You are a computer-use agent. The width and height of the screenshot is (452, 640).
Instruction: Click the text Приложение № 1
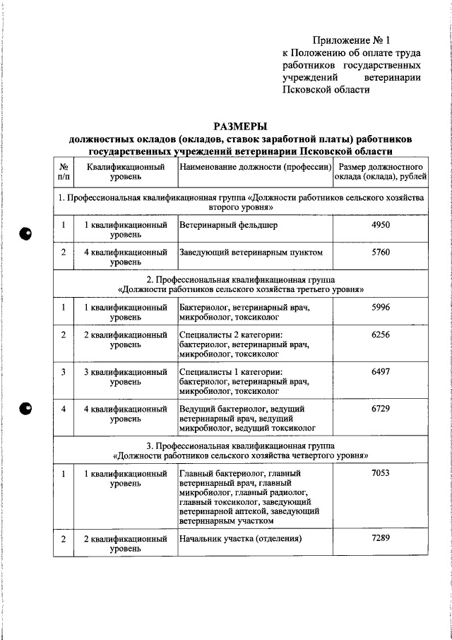click(351, 40)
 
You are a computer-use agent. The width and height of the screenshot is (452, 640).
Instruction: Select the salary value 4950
click(380, 225)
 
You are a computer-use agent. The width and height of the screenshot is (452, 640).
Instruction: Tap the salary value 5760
click(380, 252)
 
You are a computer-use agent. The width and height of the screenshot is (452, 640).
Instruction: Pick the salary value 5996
click(380, 307)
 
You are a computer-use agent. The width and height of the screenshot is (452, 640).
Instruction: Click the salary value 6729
click(380, 409)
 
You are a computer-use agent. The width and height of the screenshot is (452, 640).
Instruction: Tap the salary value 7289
click(380, 538)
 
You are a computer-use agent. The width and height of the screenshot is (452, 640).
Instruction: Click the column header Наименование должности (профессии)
click(255, 167)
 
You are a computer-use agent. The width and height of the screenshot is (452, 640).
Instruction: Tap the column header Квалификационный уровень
click(125, 172)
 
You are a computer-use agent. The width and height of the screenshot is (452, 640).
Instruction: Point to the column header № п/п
click(63, 172)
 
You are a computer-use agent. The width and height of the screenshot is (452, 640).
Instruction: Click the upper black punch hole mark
click(25, 233)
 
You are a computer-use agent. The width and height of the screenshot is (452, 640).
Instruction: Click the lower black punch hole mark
click(25, 409)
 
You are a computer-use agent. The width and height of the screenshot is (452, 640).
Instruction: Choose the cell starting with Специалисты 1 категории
click(244, 381)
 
